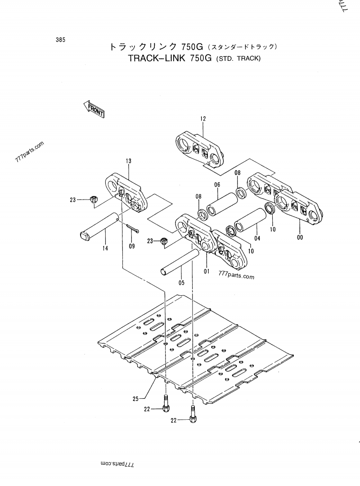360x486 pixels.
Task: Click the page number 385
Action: [60, 40]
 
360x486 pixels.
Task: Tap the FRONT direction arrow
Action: [94, 109]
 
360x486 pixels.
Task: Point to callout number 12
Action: [203, 119]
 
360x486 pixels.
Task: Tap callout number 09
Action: [131, 246]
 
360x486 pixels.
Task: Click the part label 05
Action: [181, 283]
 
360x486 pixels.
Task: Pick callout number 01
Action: [207, 271]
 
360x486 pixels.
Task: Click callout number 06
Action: [217, 185]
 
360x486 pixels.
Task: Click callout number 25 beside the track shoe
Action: [136, 398]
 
